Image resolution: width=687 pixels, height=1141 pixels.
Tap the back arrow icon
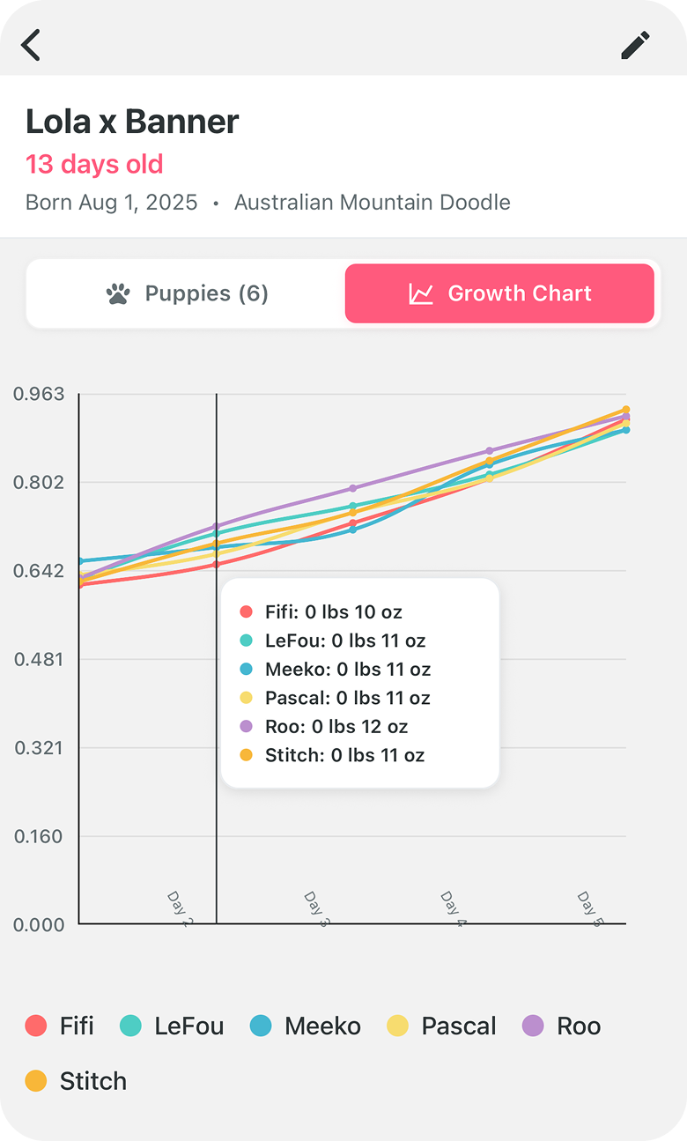(x=31, y=45)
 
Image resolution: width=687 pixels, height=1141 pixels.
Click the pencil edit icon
(x=635, y=45)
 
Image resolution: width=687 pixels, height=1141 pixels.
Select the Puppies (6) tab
(x=187, y=293)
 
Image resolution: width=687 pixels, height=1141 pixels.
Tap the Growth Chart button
(x=499, y=293)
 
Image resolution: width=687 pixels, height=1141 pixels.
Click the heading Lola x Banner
(x=132, y=122)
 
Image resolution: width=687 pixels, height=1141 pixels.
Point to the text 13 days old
(x=94, y=165)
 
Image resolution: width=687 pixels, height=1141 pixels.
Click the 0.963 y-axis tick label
(x=39, y=394)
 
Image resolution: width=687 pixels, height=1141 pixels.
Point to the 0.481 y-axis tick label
(x=39, y=659)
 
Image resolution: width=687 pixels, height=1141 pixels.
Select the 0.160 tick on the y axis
(x=39, y=836)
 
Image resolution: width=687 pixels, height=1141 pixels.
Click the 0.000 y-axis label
(x=39, y=924)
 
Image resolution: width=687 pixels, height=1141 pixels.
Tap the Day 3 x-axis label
(x=317, y=909)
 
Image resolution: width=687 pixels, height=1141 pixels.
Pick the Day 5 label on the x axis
(x=590, y=909)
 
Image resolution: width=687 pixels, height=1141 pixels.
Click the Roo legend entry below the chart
(x=562, y=1026)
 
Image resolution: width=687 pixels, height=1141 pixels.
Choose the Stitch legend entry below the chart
(x=77, y=1081)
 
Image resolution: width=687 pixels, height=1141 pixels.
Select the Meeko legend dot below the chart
(x=261, y=1026)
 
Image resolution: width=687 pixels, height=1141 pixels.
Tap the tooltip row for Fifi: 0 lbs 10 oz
(x=321, y=611)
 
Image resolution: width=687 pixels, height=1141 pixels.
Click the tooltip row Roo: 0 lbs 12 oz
(x=324, y=727)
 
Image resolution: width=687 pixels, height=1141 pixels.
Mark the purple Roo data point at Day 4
(x=490, y=450)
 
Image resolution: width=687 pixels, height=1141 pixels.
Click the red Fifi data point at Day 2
(x=216, y=565)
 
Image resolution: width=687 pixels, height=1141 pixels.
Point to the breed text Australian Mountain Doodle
(x=372, y=203)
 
